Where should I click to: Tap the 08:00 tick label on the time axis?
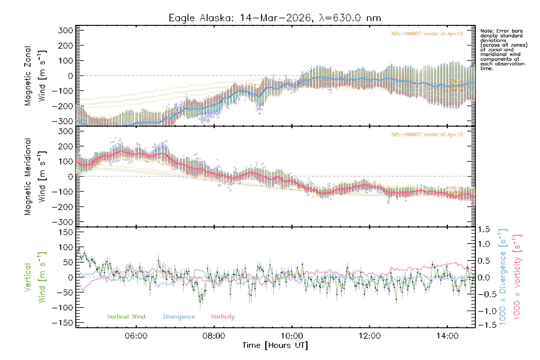point(214,336)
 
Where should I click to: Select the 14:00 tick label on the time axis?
point(447,336)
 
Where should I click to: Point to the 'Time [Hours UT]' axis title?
point(275,345)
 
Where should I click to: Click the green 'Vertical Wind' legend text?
point(126,316)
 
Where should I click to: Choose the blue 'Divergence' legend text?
point(179,317)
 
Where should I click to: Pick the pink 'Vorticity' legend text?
point(223,316)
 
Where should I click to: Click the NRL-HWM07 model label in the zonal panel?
point(427,34)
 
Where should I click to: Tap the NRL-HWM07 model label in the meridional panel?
point(427,135)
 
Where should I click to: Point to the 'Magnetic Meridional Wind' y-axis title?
point(35,177)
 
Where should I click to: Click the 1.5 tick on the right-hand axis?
point(484,229)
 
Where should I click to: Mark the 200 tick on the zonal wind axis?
point(66,46)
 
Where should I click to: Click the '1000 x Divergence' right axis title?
point(502,277)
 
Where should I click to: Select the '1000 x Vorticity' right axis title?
point(517,277)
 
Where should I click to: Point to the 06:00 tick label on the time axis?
point(136,336)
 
